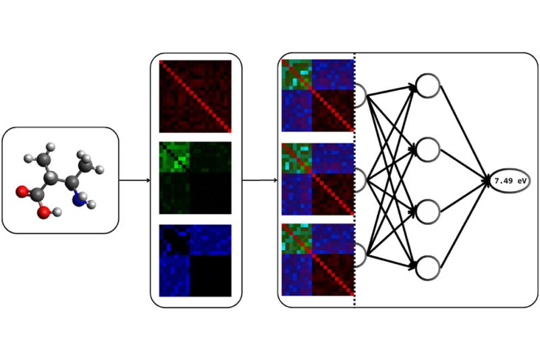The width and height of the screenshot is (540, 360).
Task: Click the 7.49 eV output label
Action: point(510,182)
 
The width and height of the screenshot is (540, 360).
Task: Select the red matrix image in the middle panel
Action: point(195,96)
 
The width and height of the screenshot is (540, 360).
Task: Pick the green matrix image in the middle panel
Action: point(195,178)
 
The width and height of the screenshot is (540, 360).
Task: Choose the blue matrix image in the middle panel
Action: point(195,260)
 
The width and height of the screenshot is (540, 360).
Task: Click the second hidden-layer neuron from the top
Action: point(427,148)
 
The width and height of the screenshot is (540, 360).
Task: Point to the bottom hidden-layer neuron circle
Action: point(427,268)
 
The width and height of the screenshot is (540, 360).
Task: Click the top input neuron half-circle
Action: point(360,96)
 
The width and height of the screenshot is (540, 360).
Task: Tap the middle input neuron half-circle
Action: point(360,180)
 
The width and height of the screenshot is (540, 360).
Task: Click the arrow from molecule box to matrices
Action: point(134,180)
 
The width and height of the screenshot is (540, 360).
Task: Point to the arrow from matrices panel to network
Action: point(260,180)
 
